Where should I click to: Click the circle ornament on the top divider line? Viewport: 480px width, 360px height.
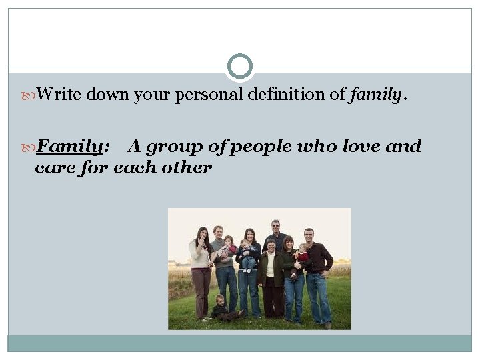(240, 67)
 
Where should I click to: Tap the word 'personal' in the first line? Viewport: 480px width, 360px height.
(209, 95)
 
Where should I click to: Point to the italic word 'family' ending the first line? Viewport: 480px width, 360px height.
(374, 95)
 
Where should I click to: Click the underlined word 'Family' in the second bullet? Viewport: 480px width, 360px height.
(69, 146)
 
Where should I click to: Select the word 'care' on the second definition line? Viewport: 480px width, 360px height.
(53, 167)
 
